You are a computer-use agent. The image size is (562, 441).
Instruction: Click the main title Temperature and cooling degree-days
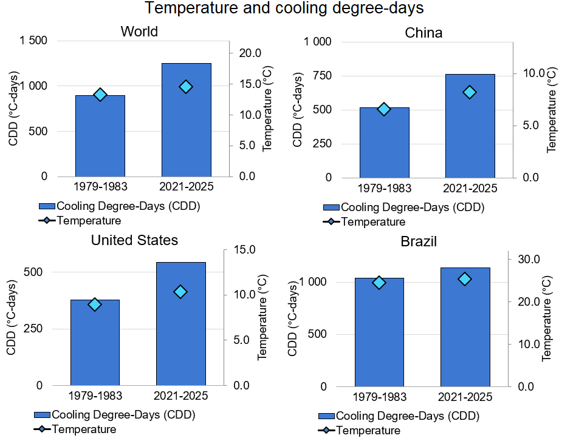coord(284,8)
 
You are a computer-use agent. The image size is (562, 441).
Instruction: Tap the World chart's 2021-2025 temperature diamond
coord(186,87)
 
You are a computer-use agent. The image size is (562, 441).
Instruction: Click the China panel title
coord(423,32)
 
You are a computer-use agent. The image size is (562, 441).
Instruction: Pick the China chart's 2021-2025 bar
coord(470,126)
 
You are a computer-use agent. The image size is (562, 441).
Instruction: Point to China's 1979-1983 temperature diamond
coord(384,109)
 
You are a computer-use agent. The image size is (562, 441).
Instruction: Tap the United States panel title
coord(134,240)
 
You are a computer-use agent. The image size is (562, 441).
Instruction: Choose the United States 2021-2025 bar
coord(181,324)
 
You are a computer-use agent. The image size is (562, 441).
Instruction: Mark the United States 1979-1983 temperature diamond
coord(95,305)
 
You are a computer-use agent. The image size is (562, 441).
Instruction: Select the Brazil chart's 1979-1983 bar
coord(379,332)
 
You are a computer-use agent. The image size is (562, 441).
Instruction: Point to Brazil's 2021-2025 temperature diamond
coord(465,279)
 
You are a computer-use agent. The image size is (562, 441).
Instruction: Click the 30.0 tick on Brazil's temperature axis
coord(528,260)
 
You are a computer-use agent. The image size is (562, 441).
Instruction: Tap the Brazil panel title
coord(419,241)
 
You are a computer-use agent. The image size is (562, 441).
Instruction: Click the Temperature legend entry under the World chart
coord(88,221)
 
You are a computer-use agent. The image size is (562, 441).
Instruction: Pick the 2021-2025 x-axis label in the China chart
coord(470,188)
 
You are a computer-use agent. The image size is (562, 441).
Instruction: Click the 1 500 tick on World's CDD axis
coord(34,41)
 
